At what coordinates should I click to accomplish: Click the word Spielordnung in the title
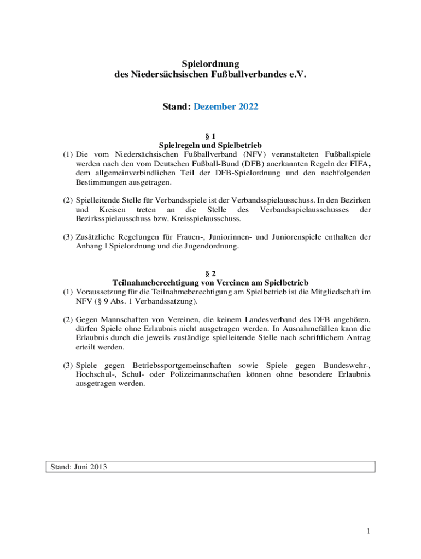coord(211,64)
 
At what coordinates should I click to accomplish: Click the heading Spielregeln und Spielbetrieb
coord(210,146)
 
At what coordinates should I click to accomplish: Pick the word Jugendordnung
coord(213,246)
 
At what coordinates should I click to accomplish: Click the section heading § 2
coord(210,273)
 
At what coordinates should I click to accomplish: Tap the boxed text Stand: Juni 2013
coord(79,467)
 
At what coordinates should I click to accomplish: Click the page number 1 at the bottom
coord(369,531)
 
